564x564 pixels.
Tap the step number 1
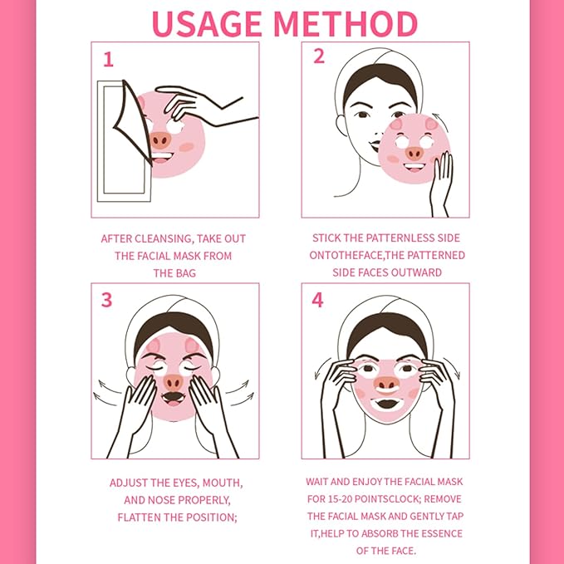tap(108, 59)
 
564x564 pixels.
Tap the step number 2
tap(318, 56)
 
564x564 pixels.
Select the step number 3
tap(107, 300)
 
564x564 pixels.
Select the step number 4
tap(317, 300)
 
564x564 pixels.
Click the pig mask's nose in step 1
tap(159, 140)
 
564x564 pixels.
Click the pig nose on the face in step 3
tap(173, 382)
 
